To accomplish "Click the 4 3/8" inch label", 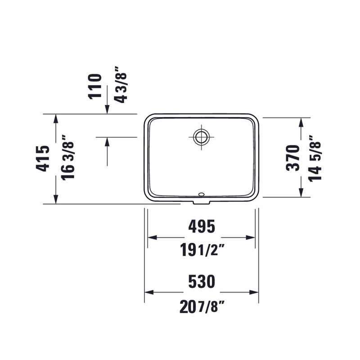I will click(120, 85).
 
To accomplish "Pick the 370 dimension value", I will click(293, 157).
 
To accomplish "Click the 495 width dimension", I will click(202, 226).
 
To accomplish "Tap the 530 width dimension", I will click(202, 282).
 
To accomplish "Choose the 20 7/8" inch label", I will click(202, 307).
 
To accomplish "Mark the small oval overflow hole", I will click(201, 195).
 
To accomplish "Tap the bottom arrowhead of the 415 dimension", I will click(55, 199).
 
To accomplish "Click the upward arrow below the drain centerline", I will click(107, 142).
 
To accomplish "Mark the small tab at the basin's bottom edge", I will click(201, 202).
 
